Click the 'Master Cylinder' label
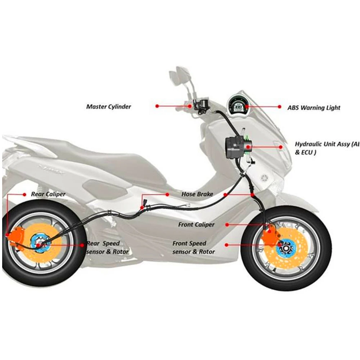click(109, 107)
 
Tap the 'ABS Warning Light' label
click(314, 108)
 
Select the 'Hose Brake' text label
click(197, 194)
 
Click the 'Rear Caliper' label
click(48, 194)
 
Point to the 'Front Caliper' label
click(196, 225)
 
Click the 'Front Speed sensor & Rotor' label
click(193, 248)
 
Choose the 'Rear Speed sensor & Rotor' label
click(107, 248)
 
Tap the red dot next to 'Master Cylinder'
click(157, 106)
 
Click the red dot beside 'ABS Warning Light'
click(280, 107)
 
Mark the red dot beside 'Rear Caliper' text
click(24, 194)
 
